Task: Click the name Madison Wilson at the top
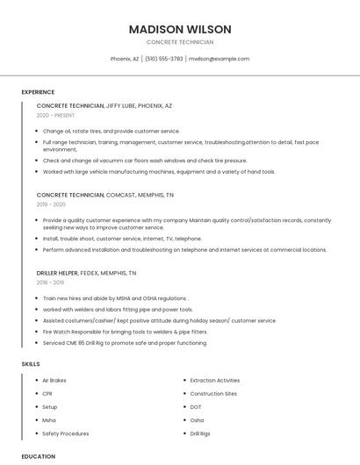pyautogui.click(x=179, y=29)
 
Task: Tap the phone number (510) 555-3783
pyautogui.click(x=163, y=59)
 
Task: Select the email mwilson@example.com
pyautogui.click(x=220, y=59)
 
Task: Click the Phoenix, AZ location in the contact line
pyautogui.click(x=125, y=59)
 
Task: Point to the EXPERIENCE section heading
pyautogui.click(x=38, y=92)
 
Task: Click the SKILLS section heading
pyautogui.click(x=31, y=363)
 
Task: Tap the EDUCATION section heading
pyautogui.click(x=39, y=456)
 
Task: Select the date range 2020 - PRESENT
pyautogui.click(x=55, y=115)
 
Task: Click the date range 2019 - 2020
pyautogui.click(x=51, y=204)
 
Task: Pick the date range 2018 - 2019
pyautogui.click(x=50, y=283)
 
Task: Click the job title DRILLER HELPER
pyautogui.click(x=56, y=273)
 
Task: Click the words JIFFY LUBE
pyautogui.click(x=120, y=105)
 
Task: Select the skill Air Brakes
pyautogui.click(x=54, y=381)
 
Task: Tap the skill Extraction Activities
pyautogui.click(x=214, y=381)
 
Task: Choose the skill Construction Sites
pyautogui.click(x=213, y=394)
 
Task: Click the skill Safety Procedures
pyautogui.click(x=65, y=433)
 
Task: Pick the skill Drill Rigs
pyautogui.click(x=200, y=433)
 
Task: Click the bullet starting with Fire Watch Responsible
pyautogui.click(x=125, y=332)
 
